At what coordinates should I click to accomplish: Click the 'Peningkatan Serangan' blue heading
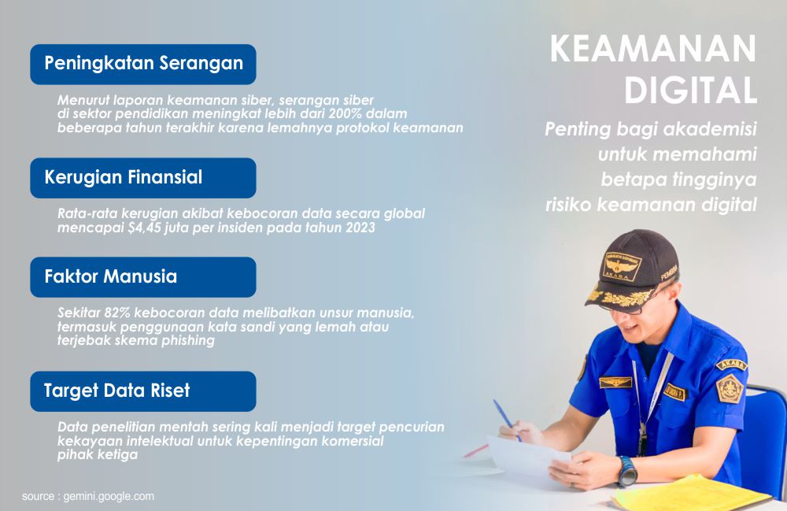(x=142, y=64)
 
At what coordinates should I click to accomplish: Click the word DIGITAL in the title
(x=690, y=91)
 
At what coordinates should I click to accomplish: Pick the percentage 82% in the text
(x=116, y=313)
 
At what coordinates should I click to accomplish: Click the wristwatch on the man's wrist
(x=626, y=472)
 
